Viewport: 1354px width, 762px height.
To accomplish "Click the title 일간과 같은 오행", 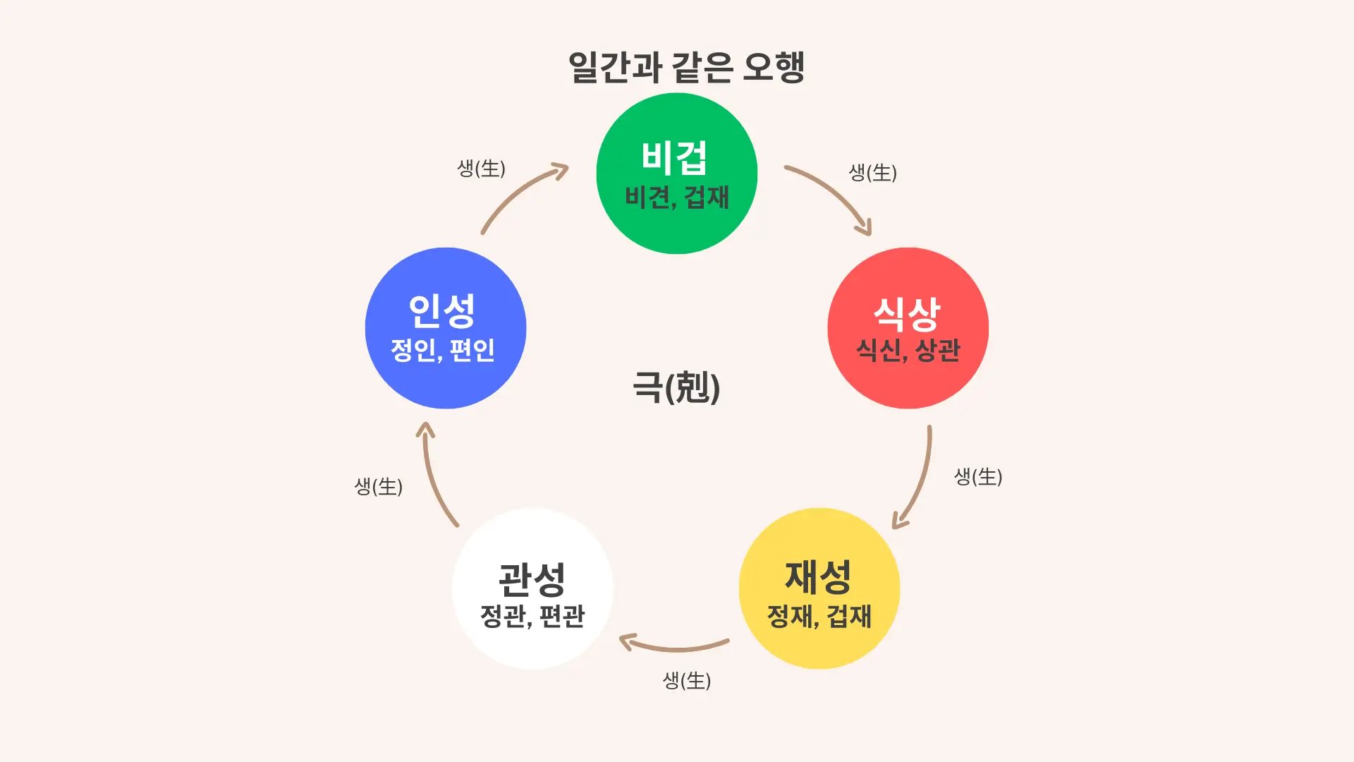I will click(686, 68).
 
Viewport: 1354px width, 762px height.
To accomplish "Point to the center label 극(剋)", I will click(676, 387).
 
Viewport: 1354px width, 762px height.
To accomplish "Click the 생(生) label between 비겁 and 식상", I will click(872, 172).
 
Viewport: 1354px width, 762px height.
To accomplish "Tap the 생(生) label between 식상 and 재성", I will click(978, 476).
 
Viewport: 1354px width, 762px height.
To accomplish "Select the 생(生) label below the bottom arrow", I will click(686, 680).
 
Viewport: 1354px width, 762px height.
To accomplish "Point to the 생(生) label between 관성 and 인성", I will click(378, 486).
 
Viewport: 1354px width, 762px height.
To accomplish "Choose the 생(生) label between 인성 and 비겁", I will click(481, 168).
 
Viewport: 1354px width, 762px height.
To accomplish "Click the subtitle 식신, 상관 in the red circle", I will click(908, 351).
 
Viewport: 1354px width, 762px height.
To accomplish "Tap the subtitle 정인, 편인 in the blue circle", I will click(443, 350).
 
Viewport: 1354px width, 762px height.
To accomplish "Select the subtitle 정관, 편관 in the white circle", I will click(532, 616).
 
